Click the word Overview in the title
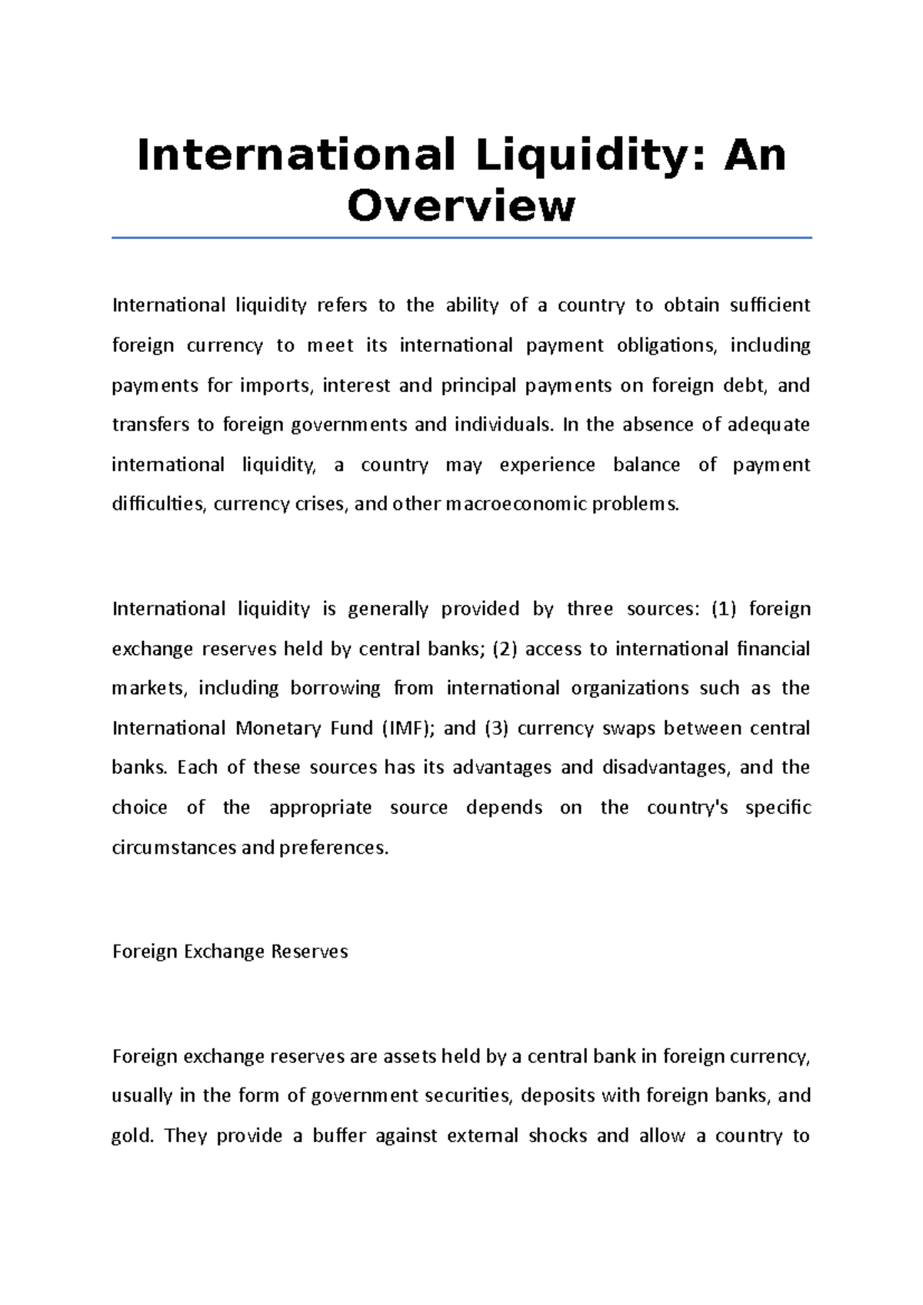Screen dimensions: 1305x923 pyautogui.click(x=461, y=206)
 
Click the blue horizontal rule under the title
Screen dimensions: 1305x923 pyautogui.click(x=461, y=238)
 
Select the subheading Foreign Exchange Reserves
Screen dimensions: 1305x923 pyautogui.click(x=230, y=951)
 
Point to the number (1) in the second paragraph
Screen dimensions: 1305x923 pyautogui.click(x=724, y=609)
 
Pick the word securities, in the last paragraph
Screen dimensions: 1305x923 pyautogui.click(x=464, y=1096)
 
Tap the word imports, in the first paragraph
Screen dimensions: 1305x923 pyautogui.click(x=277, y=385)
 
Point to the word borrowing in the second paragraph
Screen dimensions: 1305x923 pyautogui.click(x=335, y=688)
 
